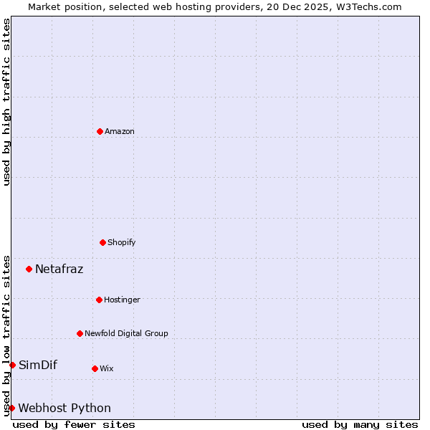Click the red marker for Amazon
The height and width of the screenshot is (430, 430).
coord(100,131)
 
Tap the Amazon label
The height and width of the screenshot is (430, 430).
coord(120,131)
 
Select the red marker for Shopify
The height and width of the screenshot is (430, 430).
coord(102,242)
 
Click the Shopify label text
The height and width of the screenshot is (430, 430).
coord(122,242)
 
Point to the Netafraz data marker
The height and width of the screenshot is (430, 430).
coord(29,269)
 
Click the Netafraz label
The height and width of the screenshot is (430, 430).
coord(59,269)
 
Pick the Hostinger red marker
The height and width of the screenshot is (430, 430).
coord(99,300)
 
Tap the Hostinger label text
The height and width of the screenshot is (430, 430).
coord(122,300)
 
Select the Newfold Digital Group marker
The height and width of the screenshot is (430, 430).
coord(80,333)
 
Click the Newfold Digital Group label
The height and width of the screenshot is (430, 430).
coord(126,333)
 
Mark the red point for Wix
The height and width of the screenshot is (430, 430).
coord(95,368)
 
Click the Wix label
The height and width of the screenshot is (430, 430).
coord(106,368)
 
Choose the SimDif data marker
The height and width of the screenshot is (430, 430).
coord(12,365)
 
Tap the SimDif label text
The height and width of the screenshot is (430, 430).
coord(38,365)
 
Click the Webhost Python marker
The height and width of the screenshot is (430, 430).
coord(11,408)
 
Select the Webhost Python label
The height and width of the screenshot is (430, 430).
coord(64,408)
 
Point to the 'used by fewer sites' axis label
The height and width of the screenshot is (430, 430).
coord(74,424)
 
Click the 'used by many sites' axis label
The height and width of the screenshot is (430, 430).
coord(360,424)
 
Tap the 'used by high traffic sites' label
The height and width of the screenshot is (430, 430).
coord(6,102)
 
